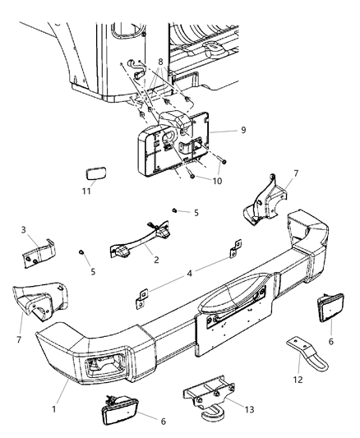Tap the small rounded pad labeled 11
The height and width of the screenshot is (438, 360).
[95, 176]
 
